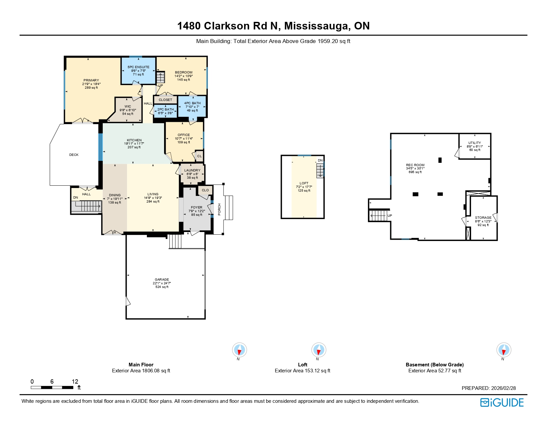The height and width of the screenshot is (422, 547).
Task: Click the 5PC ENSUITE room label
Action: [138, 67]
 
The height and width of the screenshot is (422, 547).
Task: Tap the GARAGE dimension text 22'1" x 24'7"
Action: [162, 283]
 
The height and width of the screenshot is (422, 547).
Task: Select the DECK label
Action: [74, 155]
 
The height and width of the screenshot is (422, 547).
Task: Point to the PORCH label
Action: [219, 210]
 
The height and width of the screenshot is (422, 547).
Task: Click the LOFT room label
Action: [304, 183]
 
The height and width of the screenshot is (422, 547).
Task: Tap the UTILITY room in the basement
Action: [474, 146]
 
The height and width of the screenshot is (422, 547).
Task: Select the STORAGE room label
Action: [483, 218]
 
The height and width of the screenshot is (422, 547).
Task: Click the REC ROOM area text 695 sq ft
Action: [415, 172]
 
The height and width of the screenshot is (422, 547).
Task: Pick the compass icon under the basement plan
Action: [504, 350]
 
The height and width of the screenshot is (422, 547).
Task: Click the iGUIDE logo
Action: [502, 402]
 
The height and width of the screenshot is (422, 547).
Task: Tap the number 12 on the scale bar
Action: [75, 382]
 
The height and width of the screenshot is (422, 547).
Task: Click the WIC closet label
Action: [128, 107]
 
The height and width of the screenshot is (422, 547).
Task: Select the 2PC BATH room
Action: [165, 111]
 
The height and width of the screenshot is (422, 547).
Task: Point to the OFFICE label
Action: [184, 135]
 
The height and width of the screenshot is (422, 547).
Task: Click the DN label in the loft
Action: [320, 161]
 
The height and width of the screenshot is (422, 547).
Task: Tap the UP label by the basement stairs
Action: [390, 216]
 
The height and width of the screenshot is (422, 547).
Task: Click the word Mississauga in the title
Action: [317, 26]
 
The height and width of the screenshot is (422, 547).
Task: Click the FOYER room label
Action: [197, 208]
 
